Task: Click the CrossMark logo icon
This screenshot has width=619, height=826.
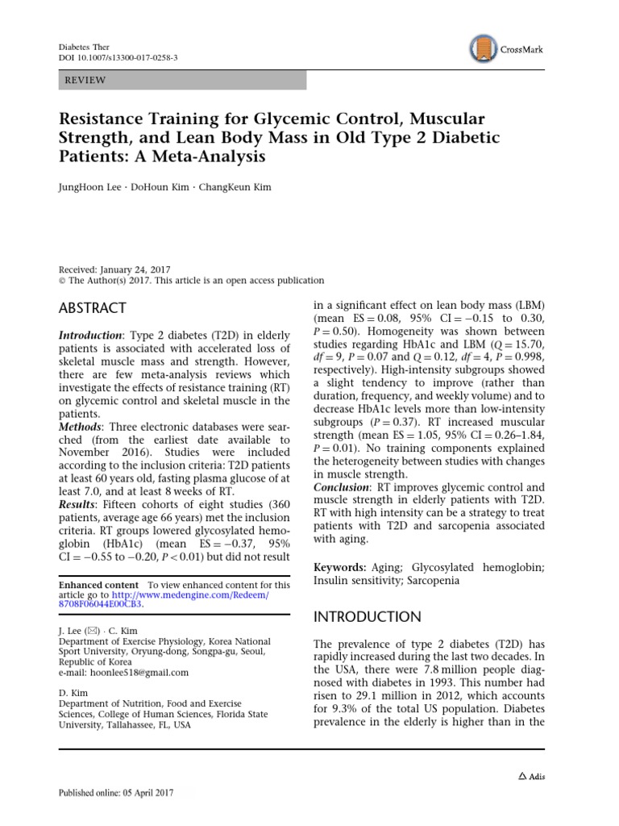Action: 482,48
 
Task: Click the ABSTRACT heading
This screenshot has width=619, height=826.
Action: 93,308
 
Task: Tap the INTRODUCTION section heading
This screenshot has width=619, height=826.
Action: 366,617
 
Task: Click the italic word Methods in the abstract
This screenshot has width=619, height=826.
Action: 83,425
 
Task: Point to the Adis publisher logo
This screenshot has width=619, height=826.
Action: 530,776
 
